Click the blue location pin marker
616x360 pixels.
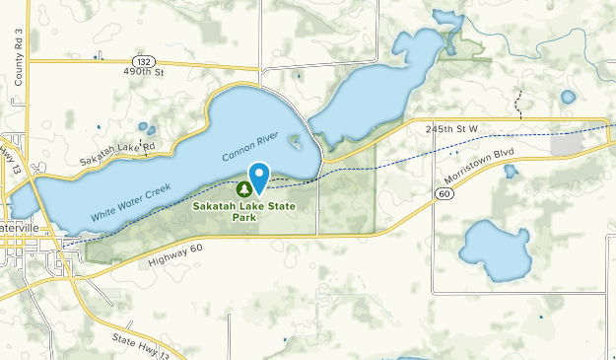pos(259,178)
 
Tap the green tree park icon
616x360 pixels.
pos(245,188)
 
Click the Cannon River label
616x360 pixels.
pos(251,146)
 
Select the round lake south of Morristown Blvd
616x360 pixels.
pos(494,251)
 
